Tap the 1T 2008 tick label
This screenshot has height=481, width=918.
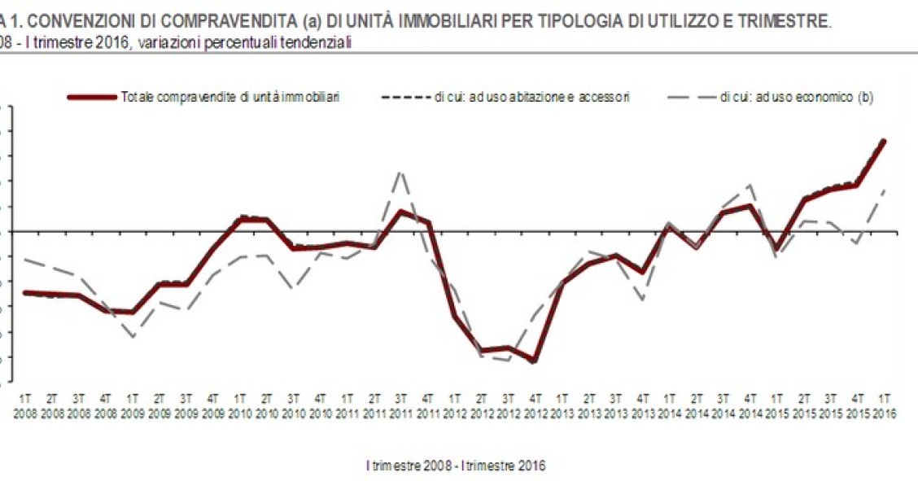(24, 405)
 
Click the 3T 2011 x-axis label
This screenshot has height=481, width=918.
(400, 405)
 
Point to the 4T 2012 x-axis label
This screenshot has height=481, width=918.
(535, 405)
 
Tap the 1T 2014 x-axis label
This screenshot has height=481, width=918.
(669, 405)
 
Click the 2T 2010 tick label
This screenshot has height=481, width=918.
(266, 405)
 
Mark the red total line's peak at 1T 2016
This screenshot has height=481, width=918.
(884, 141)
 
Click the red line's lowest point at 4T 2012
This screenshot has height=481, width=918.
(535, 361)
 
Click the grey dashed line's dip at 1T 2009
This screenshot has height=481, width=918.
(132, 336)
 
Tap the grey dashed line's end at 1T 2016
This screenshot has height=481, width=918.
(884, 190)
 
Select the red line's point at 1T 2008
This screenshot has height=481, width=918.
(24, 292)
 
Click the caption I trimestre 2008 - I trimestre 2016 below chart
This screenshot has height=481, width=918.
(456, 466)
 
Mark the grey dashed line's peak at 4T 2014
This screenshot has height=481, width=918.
(750, 186)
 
